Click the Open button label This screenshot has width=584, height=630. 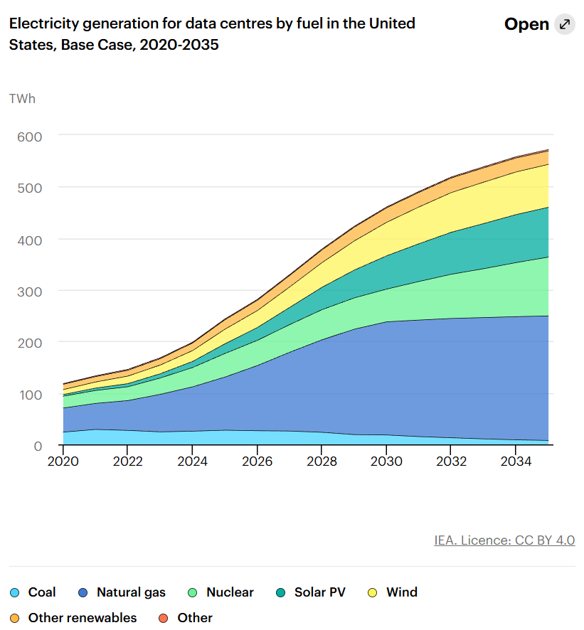coord(526,24)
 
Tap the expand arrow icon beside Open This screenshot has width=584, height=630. coord(565,24)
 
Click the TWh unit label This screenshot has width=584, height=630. coord(22,98)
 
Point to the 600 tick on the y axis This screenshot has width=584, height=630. coord(28,135)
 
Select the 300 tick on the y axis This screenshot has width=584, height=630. coord(28,291)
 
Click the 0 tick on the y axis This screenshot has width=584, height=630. coord(38,446)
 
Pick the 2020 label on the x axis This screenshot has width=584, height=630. coord(63,461)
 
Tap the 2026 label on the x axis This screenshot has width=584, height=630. coord(258,461)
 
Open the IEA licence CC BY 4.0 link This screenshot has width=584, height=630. coord(504,540)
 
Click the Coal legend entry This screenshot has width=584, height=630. coord(41,592)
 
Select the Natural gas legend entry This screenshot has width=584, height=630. coord(131,592)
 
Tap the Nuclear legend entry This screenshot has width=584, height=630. coord(230,592)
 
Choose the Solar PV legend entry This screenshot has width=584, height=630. coord(319,592)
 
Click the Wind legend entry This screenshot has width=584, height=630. coord(401,592)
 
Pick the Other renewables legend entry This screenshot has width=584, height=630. coord(82,618)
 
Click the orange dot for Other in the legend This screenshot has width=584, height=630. coord(163,618)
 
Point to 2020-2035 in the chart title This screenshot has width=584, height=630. coord(179,45)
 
